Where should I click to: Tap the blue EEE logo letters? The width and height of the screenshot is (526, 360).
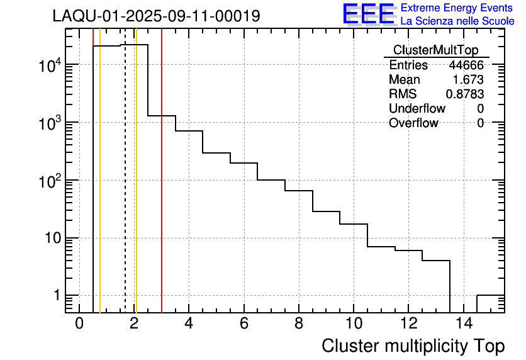point(368,14)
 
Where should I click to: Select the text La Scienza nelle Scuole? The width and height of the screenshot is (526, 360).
point(457,21)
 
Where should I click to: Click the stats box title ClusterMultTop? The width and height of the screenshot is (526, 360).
point(435,50)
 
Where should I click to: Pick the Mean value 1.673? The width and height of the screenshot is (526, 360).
point(468,80)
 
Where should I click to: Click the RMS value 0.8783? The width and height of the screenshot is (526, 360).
point(465,94)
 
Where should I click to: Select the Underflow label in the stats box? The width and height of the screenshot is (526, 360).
point(417,109)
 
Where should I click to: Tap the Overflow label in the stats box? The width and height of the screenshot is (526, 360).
point(413,123)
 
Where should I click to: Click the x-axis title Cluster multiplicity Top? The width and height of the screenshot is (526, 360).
point(413,346)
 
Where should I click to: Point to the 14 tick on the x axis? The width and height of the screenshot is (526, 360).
point(463,324)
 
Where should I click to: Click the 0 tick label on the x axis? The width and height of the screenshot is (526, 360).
point(79,324)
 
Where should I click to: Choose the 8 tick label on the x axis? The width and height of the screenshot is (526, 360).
point(299,324)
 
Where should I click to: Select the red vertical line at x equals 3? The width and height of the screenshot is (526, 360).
point(162,189)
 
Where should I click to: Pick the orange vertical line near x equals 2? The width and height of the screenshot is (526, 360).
point(136,189)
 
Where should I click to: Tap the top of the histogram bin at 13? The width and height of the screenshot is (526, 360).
point(436,261)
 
